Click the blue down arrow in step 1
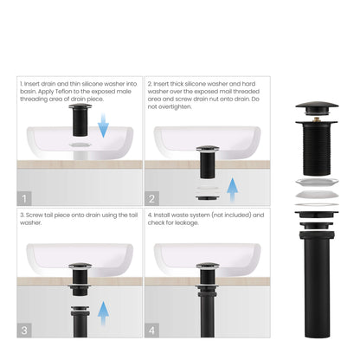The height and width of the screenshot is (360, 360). coord(103,127)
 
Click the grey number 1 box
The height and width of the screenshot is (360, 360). coord(25,197)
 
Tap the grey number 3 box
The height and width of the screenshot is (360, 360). coord(25,330)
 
